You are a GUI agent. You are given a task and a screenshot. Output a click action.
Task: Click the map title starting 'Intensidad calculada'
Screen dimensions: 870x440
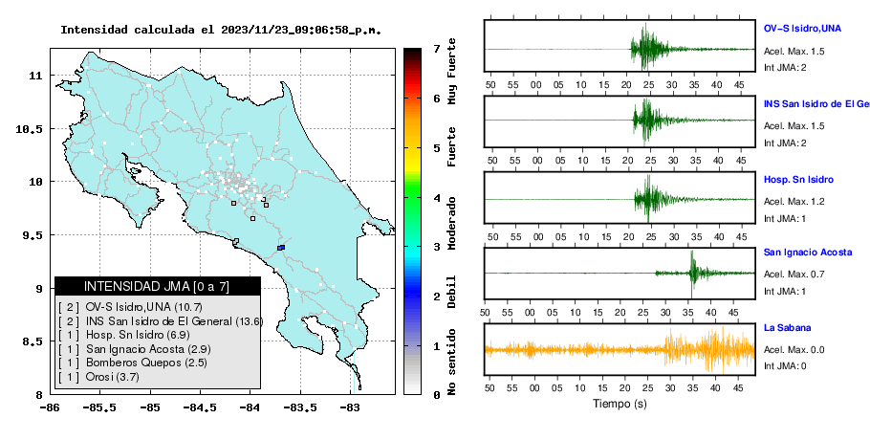pos(221,30)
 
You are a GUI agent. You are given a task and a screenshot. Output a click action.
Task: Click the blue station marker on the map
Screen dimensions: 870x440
pos(281,248)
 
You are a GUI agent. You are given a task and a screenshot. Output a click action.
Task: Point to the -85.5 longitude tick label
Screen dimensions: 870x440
pos(99,407)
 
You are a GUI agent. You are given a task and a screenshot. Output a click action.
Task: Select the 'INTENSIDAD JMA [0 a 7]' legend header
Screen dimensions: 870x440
pos(157,286)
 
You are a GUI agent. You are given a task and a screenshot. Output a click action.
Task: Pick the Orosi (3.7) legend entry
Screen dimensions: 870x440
pos(98,377)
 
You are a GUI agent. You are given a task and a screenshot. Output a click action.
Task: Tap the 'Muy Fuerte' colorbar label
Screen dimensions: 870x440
pos(451,71)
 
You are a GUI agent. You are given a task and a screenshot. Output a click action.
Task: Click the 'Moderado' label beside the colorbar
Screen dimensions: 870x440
pos(451,223)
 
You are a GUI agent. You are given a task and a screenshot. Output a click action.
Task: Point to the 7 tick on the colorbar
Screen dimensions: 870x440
pos(437,49)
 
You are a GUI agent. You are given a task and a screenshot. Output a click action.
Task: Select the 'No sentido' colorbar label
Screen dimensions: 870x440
pos(451,362)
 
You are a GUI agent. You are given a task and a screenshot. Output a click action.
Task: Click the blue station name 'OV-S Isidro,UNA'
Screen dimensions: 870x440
pos(802,29)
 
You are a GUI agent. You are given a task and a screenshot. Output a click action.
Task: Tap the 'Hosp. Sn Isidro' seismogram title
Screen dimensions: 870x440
pos(798,179)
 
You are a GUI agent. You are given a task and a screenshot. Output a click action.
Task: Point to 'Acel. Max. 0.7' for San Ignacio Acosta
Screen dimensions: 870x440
pos(794,274)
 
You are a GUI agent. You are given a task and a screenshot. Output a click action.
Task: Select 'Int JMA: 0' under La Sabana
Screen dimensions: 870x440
pos(785,365)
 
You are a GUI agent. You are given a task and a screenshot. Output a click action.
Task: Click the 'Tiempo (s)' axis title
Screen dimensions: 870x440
pos(620,403)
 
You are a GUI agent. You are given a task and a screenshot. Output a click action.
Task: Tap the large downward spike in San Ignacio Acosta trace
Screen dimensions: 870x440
pos(691,289)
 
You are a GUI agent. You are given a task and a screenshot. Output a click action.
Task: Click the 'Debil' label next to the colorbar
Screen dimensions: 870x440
pos(451,292)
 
